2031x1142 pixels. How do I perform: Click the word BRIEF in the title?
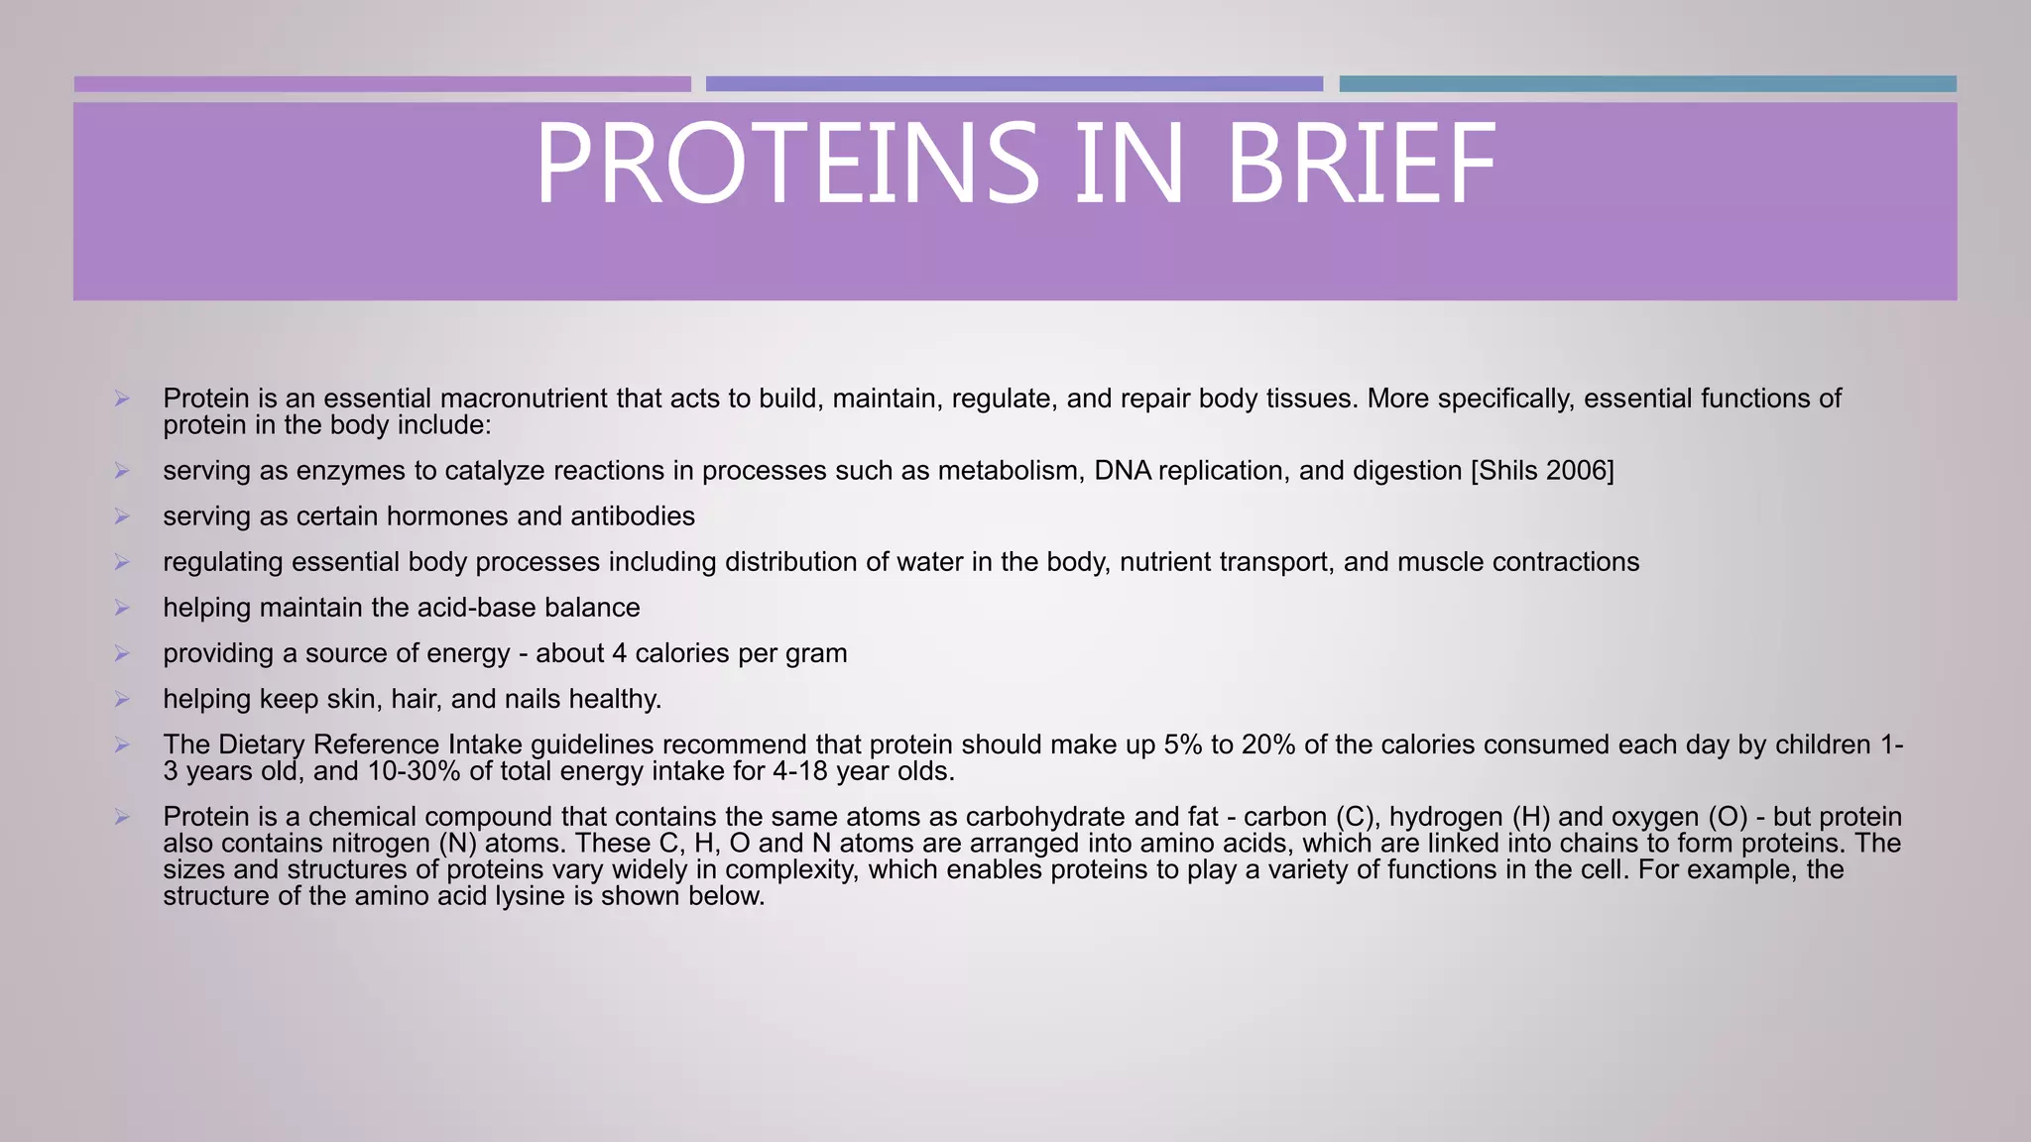(x=1361, y=164)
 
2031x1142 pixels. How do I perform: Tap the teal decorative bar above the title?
(x=1647, y=84)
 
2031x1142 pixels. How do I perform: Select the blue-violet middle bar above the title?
(x=1014, y=84)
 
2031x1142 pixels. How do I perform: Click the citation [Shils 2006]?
(x=1542, y=471)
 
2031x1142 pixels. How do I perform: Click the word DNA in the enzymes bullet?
(x=1122, y=471)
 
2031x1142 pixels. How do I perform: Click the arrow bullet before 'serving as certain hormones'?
(x=122, y=516)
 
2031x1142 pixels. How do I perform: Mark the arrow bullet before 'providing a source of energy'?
(x=122, y=653)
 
